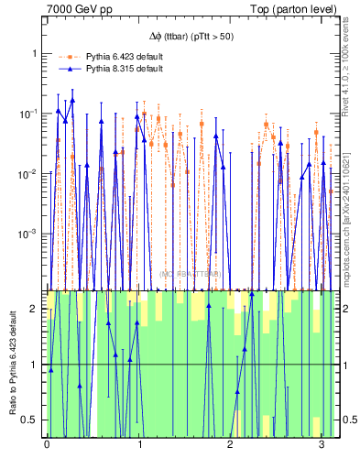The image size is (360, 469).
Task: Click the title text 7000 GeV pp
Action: [75, 8]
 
